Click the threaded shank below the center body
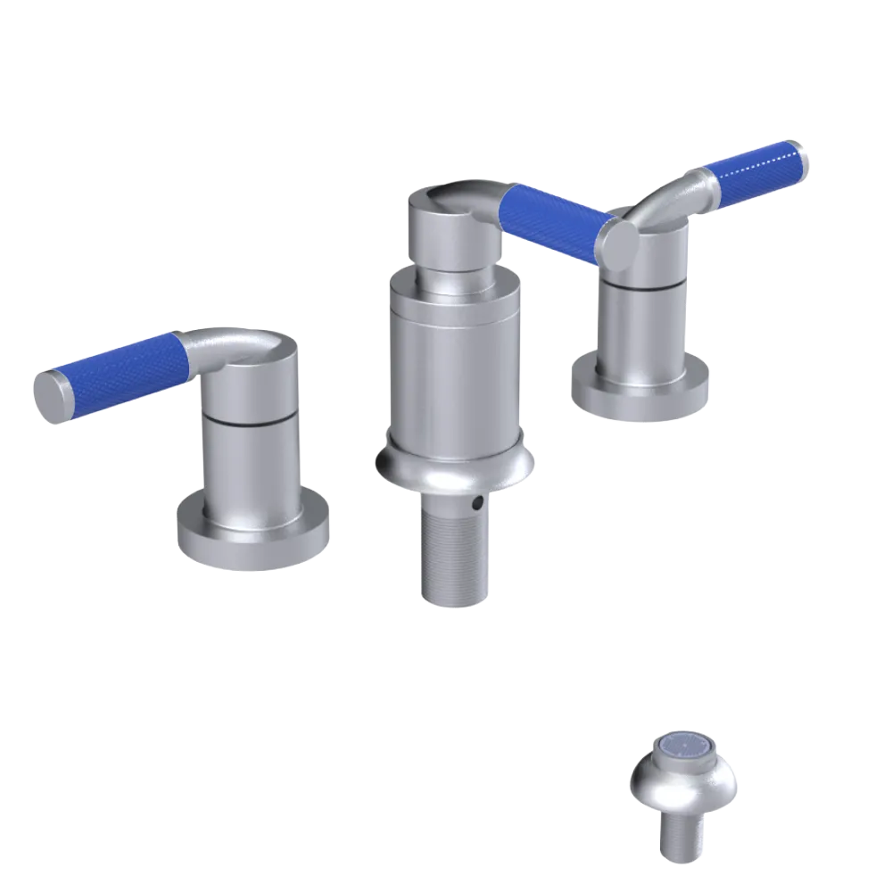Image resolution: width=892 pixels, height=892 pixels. [x=455, y=553]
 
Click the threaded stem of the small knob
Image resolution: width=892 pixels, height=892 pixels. [x=681, y=838]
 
